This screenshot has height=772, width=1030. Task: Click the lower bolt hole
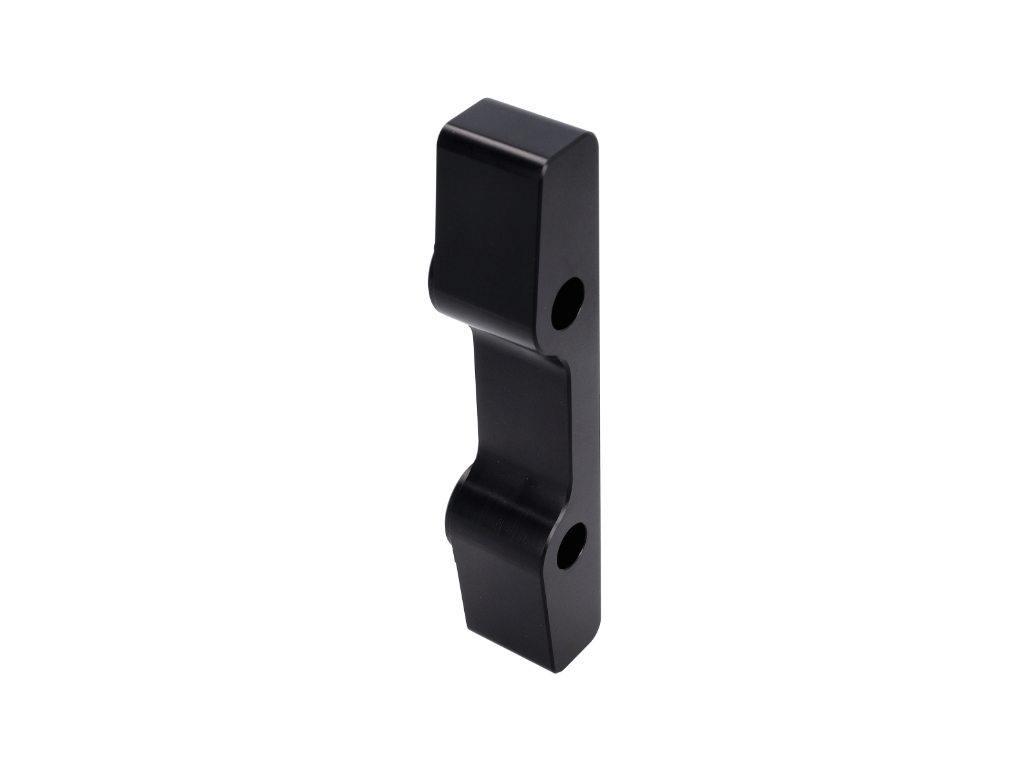click(x=571, y=546)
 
